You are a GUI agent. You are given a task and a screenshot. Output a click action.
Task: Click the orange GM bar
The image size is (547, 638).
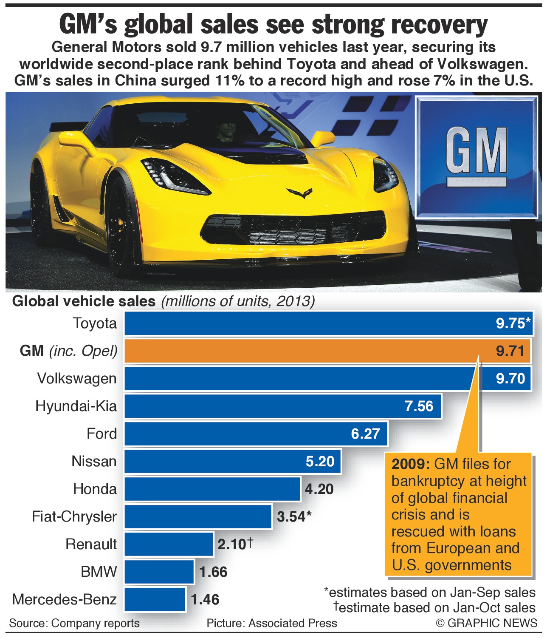point(297,351)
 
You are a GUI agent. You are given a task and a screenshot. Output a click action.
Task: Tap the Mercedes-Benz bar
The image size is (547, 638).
point(155,599)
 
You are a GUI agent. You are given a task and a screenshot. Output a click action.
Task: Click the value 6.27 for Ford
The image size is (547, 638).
point(366,434)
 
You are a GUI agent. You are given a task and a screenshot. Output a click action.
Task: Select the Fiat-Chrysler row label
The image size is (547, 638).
point(74,516)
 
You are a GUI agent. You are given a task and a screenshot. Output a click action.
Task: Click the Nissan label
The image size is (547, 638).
point(94,461)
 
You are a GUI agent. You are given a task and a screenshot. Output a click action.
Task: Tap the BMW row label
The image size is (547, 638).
point(99,572)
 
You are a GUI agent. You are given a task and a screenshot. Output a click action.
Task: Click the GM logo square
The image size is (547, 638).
point(476,157)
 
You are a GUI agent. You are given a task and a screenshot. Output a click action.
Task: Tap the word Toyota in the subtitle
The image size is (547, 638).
point(308,64)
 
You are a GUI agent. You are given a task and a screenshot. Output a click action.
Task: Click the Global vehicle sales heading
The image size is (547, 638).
point(84,301)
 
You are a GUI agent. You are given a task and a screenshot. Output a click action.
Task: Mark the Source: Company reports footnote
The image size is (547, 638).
point(74,623)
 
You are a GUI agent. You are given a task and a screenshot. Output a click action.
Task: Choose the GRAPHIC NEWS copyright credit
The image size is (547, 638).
point(487,623)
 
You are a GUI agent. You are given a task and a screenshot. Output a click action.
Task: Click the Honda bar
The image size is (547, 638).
point(212,489)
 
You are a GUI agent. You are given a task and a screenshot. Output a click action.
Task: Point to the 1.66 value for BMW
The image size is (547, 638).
point(213,572)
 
